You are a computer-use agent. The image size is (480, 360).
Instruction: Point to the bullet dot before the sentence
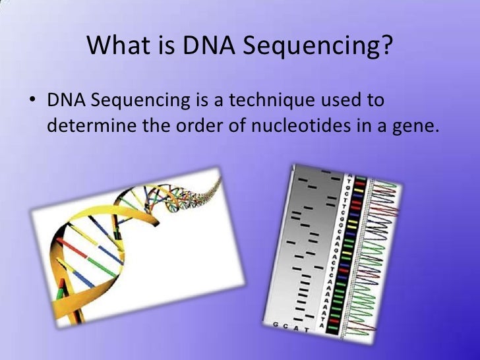pyautogui.click(x=31, y=103)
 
